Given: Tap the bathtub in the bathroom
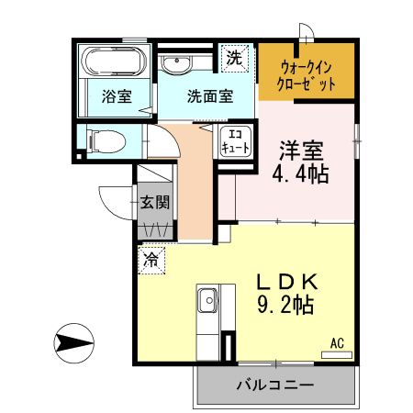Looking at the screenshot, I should (x=112, y=62).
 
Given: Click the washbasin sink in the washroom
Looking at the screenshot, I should (x=176, y=63).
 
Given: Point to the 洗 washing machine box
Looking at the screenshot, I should (x=236, y=58).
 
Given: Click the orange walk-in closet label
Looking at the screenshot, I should (x=304, y=74).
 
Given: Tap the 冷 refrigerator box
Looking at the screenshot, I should (x=150, y=260).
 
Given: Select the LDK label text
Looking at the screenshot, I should (x=285, y=281).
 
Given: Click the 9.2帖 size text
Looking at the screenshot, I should (x=285, y=307).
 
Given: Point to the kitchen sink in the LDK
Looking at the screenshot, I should (x=207, y=299).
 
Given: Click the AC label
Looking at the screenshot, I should (x=337, y=343).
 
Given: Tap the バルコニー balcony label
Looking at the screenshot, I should (x=274, y=385).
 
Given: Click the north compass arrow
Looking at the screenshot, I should (x=73, y=345).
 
